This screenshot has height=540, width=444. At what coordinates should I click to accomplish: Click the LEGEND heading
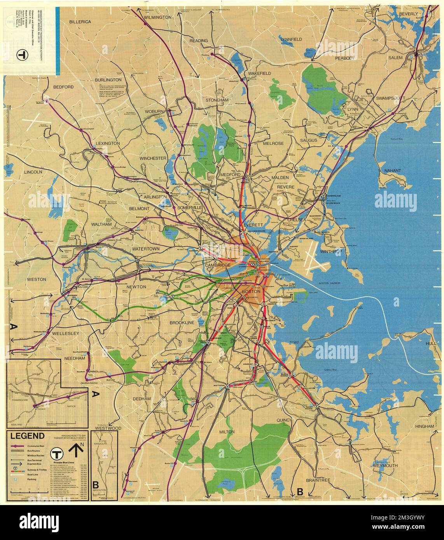pyautogui.click(x=30, y=436)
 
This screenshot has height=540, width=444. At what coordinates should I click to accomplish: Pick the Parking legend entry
pyautogui.click(x=31, y=480)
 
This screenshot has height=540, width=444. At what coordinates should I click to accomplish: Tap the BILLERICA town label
pyautogui.click(x=80, y=22)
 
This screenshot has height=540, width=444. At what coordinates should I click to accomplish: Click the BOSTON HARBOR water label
pyautogui.click(x=329, y=283)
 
